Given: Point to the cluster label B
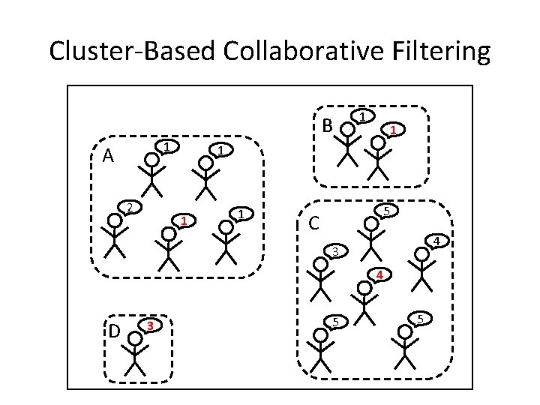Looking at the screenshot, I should click(x=327, y=126).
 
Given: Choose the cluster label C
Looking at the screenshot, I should click(x=316, y=223).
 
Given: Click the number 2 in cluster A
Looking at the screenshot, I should click(x=129, y=207).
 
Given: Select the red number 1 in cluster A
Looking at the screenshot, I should click(x=182, y=221).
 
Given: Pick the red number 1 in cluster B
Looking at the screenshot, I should click(x=391, y=130).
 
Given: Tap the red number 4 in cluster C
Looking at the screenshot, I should click(x=380, y=275).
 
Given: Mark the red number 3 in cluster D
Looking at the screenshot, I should click(x=151, y=325).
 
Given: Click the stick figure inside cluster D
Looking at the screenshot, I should click(x=135, y=352).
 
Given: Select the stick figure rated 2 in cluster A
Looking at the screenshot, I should click(x=114, y=238).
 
